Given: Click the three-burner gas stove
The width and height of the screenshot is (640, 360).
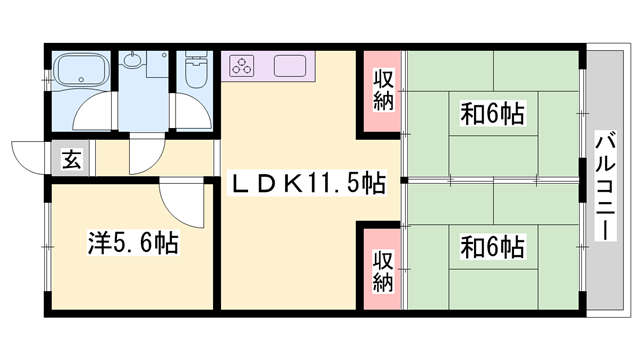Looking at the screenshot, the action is tap(245, 67).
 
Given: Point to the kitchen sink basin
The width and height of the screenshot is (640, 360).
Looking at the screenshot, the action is tap(291, 67).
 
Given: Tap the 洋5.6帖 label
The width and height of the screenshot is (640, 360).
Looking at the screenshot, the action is tap(132, 243).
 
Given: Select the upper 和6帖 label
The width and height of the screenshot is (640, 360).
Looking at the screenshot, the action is tap(492, 112).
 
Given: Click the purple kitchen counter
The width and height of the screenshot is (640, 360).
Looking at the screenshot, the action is tap(269, 67).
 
